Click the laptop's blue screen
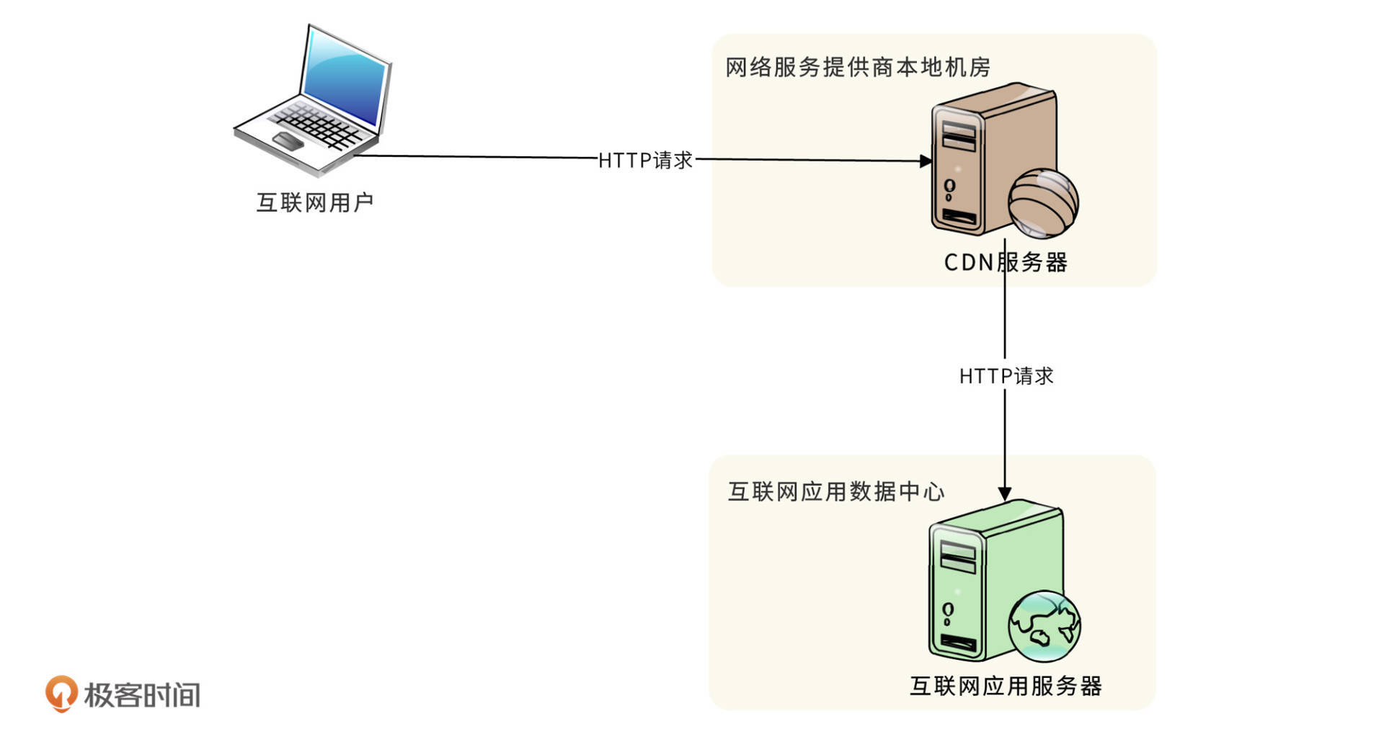pyautogui.click(x=345, y=80)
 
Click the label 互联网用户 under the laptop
pyautogui.click(x=315, y=202)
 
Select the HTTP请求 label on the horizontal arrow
pyautogui.click(x=645, y=160)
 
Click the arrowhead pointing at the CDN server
pyautogui.click(x=926, y=161)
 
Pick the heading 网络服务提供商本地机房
pyautogui.click(x=857, y=67)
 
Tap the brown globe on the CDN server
pyautogui.click(x=1042, y=203)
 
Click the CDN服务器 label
pyautogui.click(x=1006, y=262)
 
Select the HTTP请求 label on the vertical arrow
pyautogui.click(x=1006, y=376)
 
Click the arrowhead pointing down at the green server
pyautogui.click(x=1004, y=493)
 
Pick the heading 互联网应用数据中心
pyautogui.click(x=835, y=491)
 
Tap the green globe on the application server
pyautogui.click(x=1044, y=627)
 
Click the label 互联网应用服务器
pyautogui.click(x=1006, y=686)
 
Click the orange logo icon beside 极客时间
pyautogui.click(x=61, y=693)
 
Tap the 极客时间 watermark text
pyautogui.click(x=142, y=695)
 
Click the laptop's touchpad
pyautogui.click(x=288, y=140)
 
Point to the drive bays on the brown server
pyautogui.click(x=958, y=135)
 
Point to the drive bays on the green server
pyautogui.click(x=957, y=556)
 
